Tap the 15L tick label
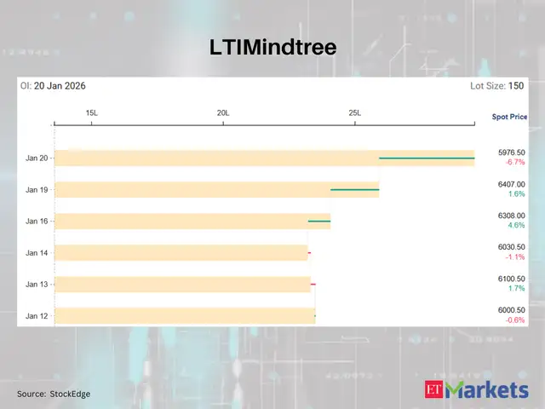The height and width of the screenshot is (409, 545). [x=92, y=113]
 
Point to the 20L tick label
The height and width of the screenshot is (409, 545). [x=223, y=113]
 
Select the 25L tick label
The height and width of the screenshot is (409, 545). [x=355, y=113]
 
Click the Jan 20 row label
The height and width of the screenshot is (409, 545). [x=37, y=158]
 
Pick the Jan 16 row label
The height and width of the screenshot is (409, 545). [x=37, y=222]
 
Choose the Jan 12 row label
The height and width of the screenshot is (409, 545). [x=37, y=316]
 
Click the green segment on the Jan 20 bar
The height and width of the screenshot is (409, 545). [x=426, y=158]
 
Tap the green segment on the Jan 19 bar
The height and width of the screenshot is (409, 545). [x=354, y=189]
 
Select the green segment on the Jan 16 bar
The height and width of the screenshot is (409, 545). [x=318, y=222]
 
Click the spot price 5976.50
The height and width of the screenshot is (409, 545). [x=511, y=153]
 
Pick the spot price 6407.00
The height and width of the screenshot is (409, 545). [x=511, y=184]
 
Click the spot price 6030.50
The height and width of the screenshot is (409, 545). [x=511, y=247]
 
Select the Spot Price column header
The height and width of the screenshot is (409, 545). [x=509, y=116]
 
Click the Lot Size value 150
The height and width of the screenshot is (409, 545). [x=516, y=86]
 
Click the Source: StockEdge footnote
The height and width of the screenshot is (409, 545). [x=53, y=394]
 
